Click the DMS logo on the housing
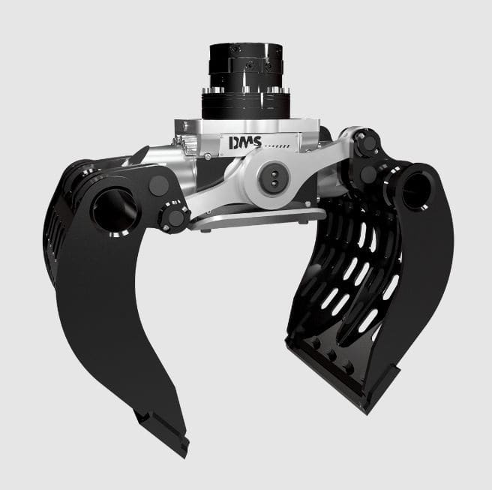(x=244, y=142)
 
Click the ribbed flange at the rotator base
(x=246, y=104)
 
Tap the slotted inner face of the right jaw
(x=352, y=278)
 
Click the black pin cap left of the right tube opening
(x=368, y=176)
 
